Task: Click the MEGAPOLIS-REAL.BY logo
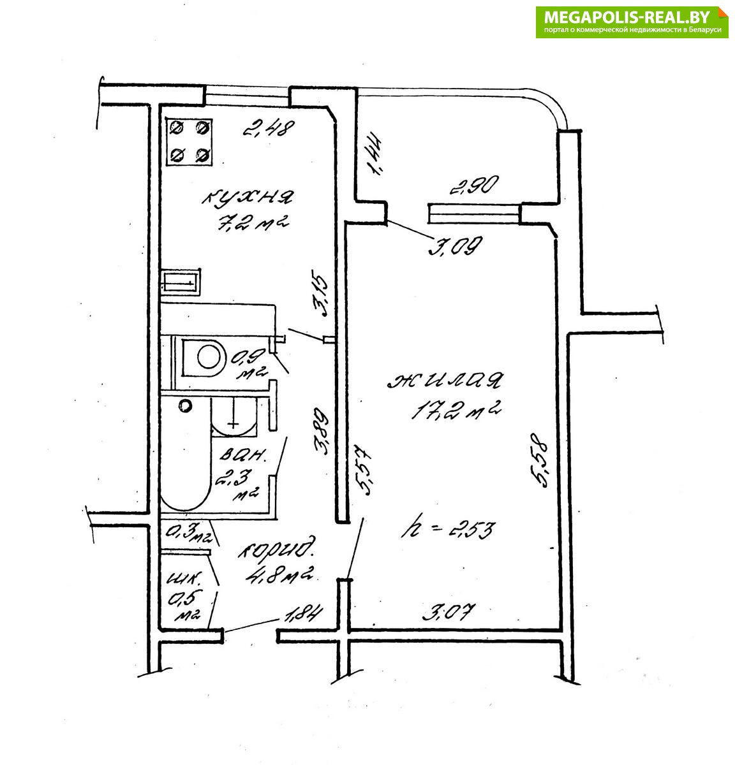(632, 22)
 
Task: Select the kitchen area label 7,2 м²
(253, 223)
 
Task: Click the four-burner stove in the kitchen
(189, 142)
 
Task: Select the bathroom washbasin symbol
(234, 417)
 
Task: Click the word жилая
(445, 380)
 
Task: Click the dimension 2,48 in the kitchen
(269, 129)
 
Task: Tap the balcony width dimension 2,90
(475, 185)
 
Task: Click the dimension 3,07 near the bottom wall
(449, 612)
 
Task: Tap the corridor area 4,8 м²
(280, 574)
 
